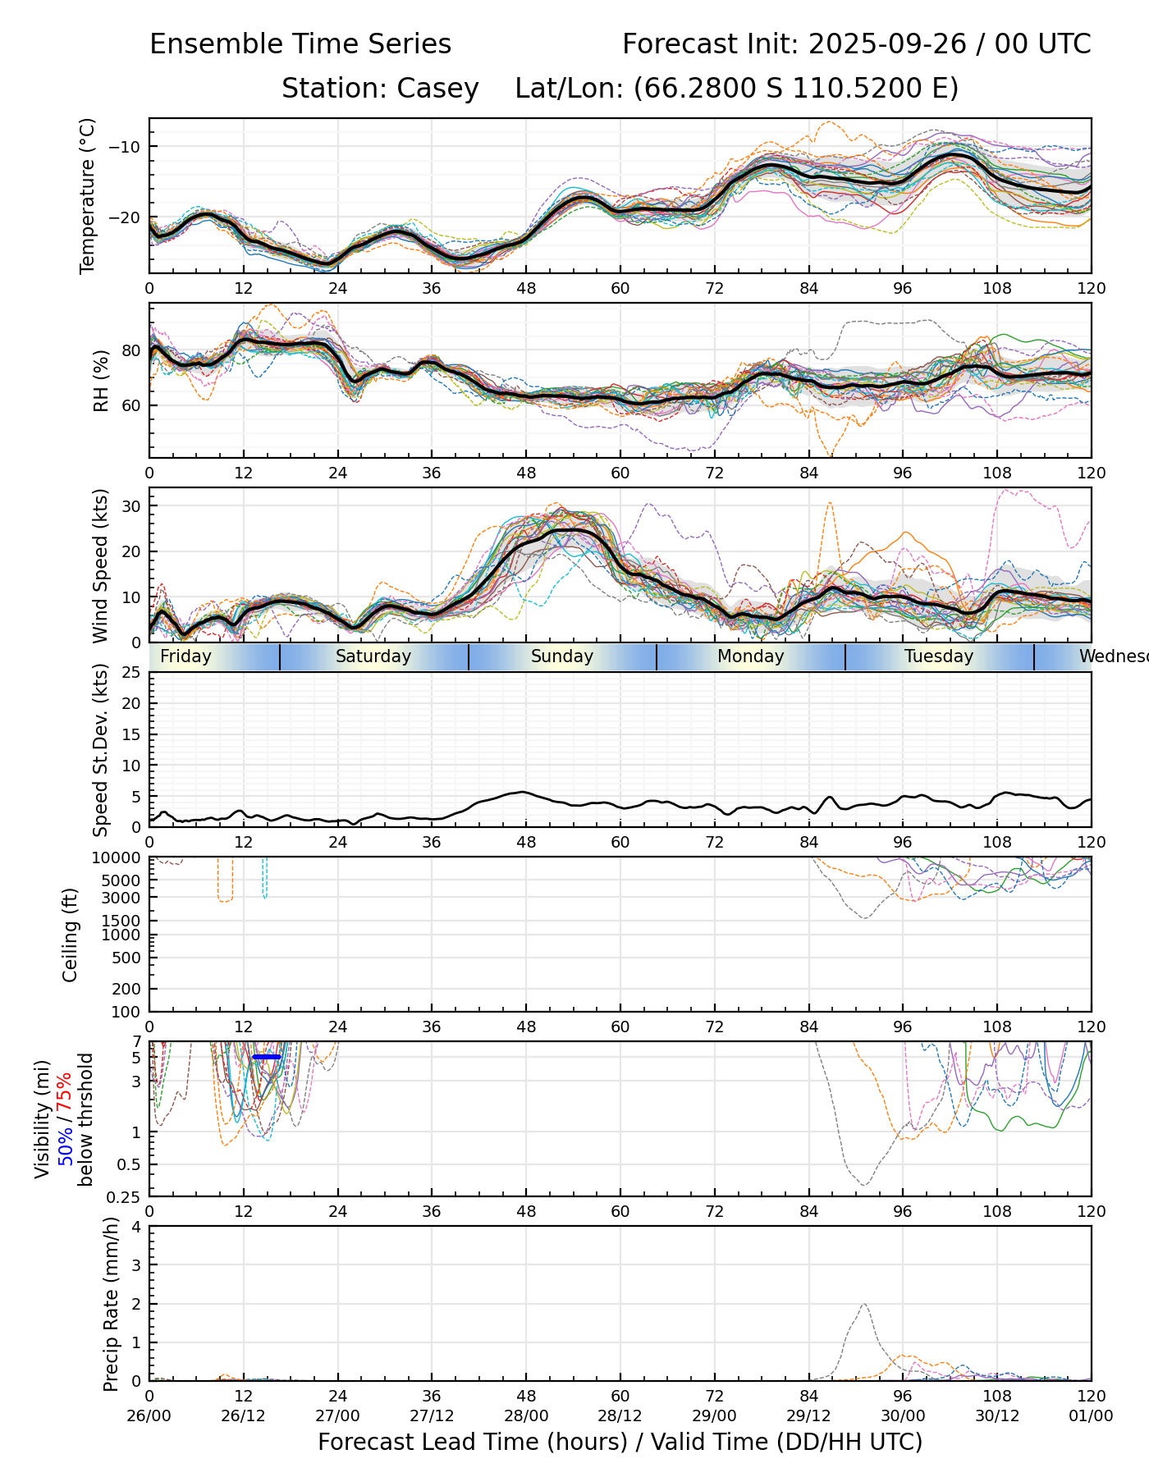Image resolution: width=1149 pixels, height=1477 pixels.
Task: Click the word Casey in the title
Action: [437, 89]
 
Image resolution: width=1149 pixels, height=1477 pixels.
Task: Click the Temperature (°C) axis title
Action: [88, 195]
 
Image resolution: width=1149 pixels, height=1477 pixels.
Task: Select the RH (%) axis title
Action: [101, 381]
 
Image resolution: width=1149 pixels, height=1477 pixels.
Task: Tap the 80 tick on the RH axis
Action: [131, 350]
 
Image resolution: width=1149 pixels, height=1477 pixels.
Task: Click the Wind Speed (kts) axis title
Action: [100, 565]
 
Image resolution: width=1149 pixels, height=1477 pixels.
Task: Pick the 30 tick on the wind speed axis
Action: [131, 505]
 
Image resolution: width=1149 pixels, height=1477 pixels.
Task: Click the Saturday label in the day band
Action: [373, 656]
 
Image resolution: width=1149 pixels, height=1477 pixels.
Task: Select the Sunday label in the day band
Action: [561, 656]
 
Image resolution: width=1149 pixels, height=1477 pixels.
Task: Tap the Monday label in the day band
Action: [750, 656]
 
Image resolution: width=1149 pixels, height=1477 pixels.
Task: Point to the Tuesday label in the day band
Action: [939, 656]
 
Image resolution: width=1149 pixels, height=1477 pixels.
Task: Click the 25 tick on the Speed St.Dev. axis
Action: [131, 673]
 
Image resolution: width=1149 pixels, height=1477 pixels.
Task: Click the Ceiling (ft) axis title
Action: [71, 935]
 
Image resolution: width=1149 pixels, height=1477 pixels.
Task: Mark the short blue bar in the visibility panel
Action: [267, 1057]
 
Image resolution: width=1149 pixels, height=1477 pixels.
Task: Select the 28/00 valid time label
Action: [526, 1415]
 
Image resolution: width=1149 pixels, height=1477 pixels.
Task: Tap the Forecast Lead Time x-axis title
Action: [620, 1442]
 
